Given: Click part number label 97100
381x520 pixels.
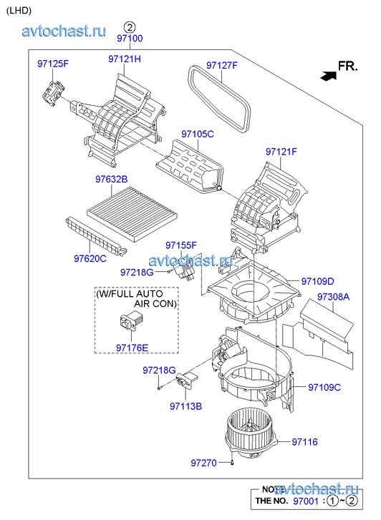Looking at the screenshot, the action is [x=130, y=39].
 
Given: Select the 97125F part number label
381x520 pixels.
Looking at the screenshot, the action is [x=53, y=64].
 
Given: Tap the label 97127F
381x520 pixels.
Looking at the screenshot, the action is [x=222, y=65].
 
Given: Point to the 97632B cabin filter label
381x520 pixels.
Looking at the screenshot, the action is [x=111, y=180].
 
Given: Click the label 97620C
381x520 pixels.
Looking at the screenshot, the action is [x=90, y=258].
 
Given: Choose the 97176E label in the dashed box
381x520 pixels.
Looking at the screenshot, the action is [x=132, y=348].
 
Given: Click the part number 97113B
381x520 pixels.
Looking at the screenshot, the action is [x=185, y=406].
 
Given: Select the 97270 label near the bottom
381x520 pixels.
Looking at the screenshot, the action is [x=203, y=463].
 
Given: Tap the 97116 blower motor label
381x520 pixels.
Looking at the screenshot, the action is [x=304, y=442].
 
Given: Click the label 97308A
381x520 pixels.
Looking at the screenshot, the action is [x=333, y=297].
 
